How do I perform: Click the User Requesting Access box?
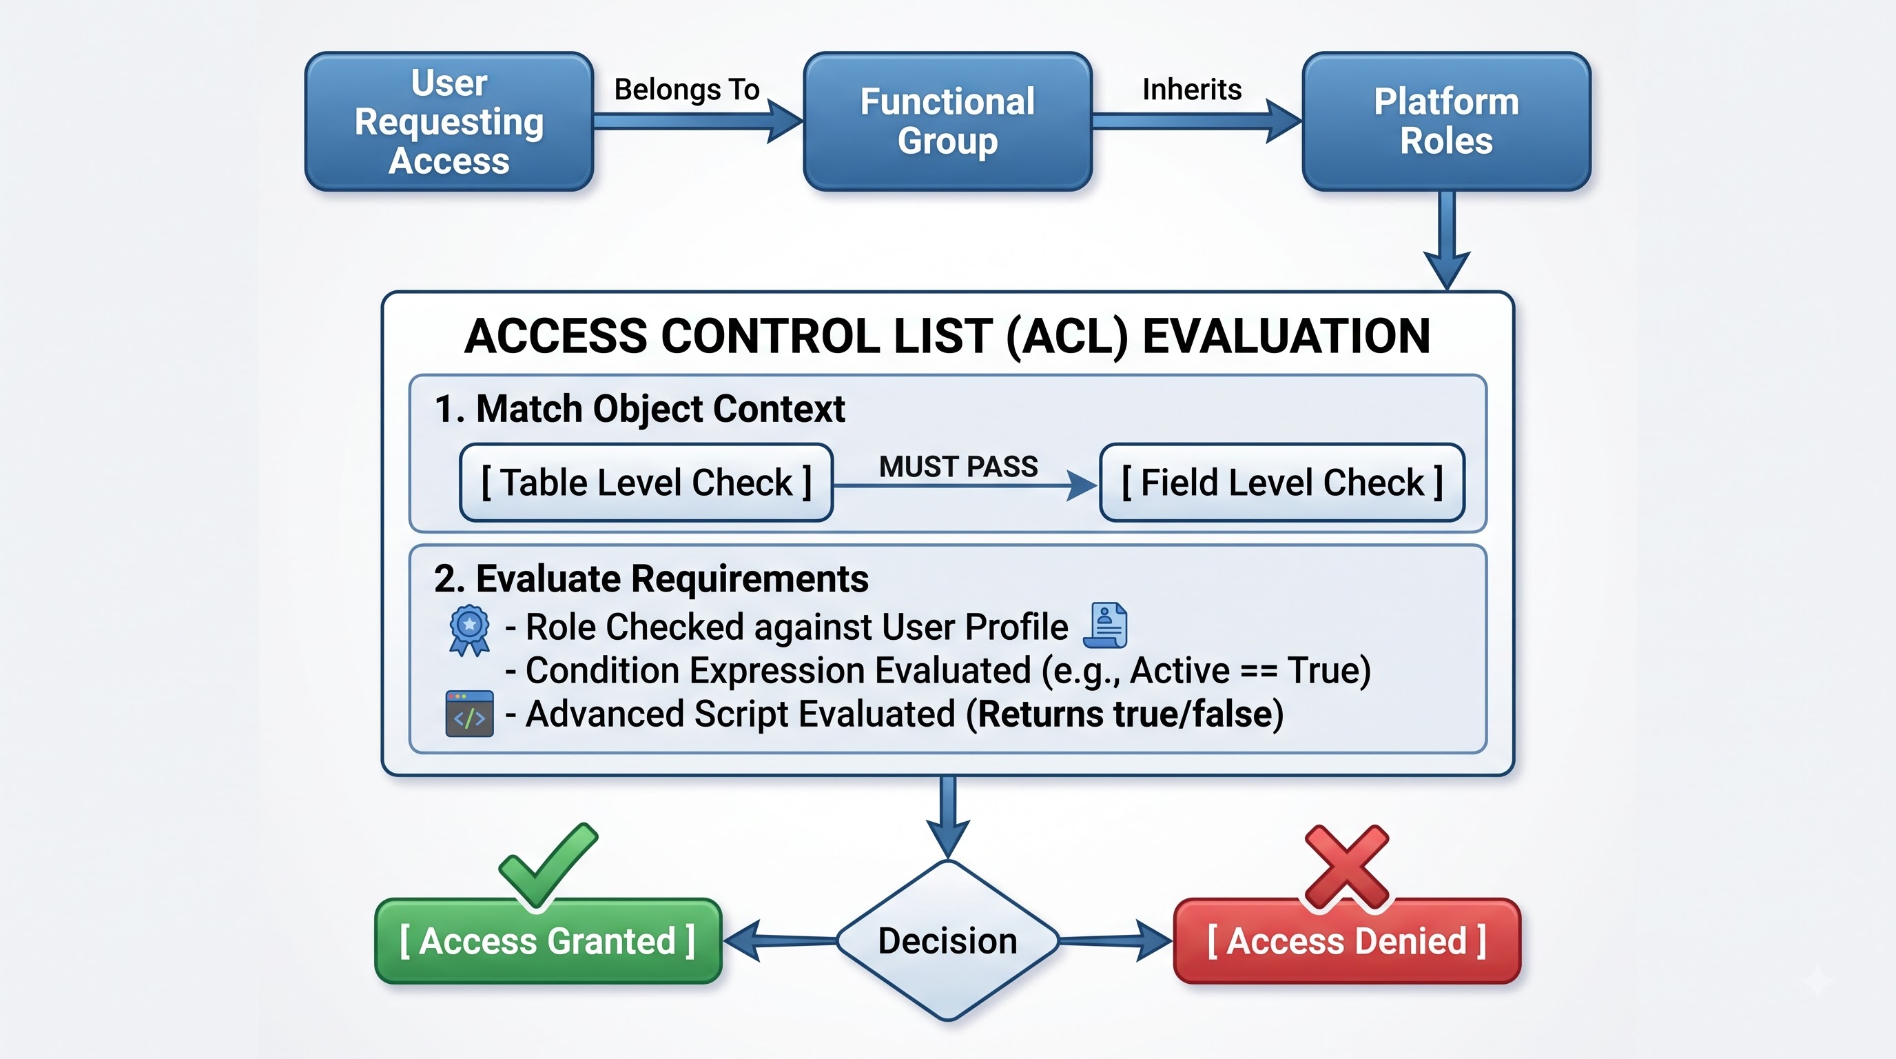pyautogui.click(x=449, y=121)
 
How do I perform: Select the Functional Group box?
pyautogui.click(x=947, y=121)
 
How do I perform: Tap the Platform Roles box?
pyautogui.click(x=1446, y=121)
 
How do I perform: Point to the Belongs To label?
pyautogui.click(x=687, y=90)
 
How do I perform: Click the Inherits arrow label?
pyautogui.click(x=1192, y=90)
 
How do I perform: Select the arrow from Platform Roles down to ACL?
pyautogui.click(x=1447, y=241)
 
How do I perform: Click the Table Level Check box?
pyautogui.click(x=646, y=483)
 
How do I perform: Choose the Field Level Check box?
pyautogui.click(x=1282, y=483)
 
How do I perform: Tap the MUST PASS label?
pyautogui.click(x=958, y=467)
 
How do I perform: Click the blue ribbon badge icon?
pyautogui.click(x=470, y=630)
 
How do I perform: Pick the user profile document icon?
pyautogui.click(x=1106, y=625)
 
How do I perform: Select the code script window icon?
pyautogui.click(x=470, y=714)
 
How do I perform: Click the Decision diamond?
pyautogui.click(x=948, y=940)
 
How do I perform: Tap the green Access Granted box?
pyautogui.click(x=548, y=941)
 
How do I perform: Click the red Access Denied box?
pyautogui.click(x=1347, y=941)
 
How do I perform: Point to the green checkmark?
pyautogui.click(x=548, y=866)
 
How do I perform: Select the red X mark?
pyautogui.click(x=1347, y=867)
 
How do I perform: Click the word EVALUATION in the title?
pyautogui.click(x=1286, y=336)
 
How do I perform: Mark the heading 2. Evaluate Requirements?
pyautogui.click(x=651, y=579)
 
